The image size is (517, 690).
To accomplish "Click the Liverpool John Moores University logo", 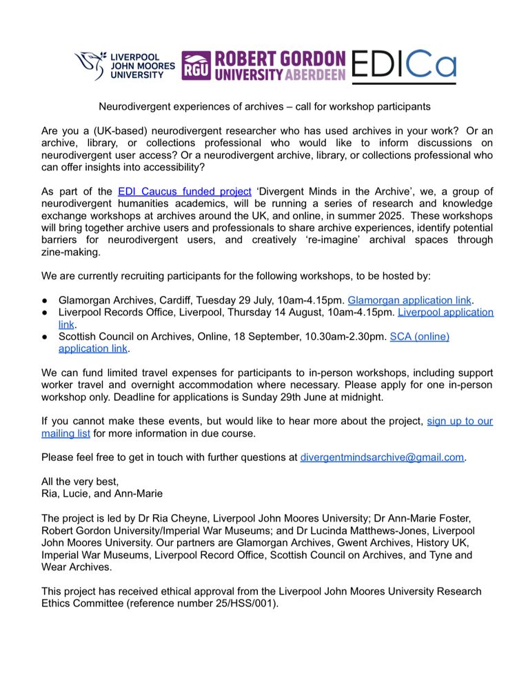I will click(124, 66).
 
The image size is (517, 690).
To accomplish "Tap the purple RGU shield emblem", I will click(197, 67).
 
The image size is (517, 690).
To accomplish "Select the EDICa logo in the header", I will click(403, 66).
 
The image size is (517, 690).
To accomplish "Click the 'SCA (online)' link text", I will click(420, 337).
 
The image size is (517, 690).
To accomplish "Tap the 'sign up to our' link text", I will click(460, 420).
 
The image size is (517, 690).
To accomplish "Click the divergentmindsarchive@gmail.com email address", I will click(383, 457).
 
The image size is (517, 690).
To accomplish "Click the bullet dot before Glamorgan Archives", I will click(45, 300).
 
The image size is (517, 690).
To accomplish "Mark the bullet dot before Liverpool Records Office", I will click(45, 313).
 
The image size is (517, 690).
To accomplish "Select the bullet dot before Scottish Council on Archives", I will click(45, 337).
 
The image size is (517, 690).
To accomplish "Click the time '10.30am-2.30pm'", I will click(349, 337).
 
